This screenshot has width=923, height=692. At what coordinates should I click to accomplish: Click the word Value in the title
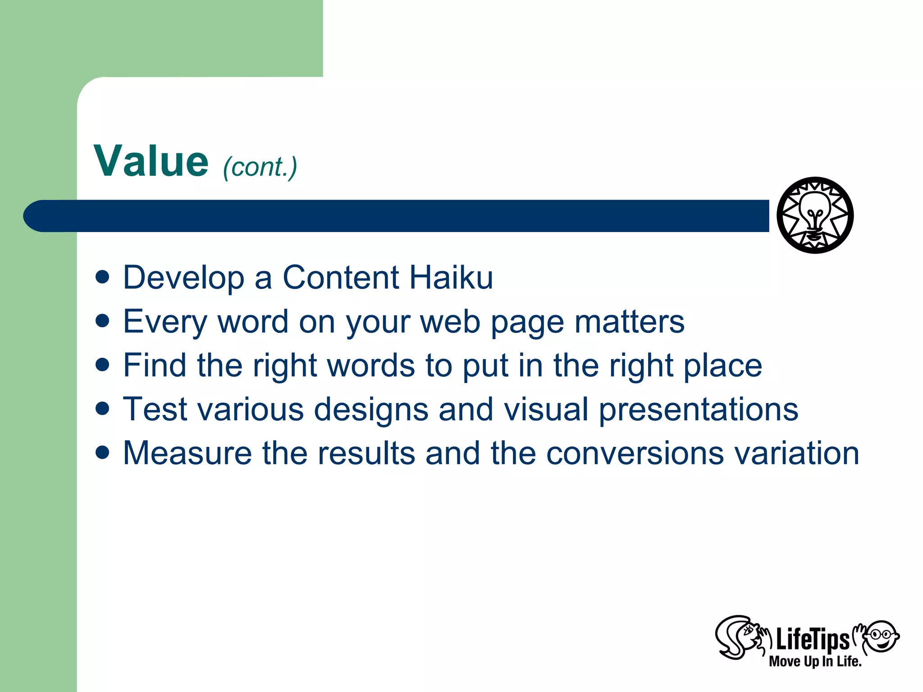coord(151,161)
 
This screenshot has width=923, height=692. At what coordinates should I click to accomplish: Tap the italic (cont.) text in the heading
coord(260,167)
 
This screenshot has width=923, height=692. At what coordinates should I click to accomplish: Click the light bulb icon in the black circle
coord(815,215)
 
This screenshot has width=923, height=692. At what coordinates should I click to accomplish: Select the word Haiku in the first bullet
coord(451,278)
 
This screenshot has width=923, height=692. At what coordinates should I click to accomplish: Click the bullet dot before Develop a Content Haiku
coord(103,277)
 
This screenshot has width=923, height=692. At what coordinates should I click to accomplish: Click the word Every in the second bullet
coord(165,322)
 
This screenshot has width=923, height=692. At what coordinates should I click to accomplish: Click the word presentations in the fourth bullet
coord(698,410)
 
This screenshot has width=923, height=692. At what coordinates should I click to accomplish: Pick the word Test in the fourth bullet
coord(155,410)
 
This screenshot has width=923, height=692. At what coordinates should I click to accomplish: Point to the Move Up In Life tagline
coord(815,661)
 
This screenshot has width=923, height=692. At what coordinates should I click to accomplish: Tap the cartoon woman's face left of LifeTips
coord(744,636)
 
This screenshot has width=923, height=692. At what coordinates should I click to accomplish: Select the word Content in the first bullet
coord(340,278)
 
